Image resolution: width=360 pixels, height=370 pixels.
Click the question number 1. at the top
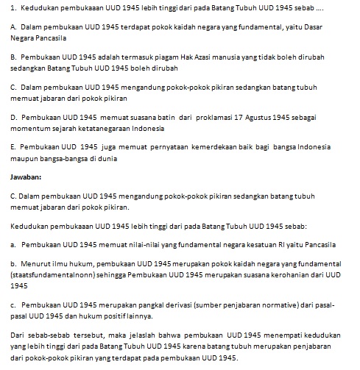coord(14,8)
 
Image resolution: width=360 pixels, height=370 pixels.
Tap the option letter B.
coord(13,56)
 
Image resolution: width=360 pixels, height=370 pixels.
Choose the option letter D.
coord(13,116)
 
